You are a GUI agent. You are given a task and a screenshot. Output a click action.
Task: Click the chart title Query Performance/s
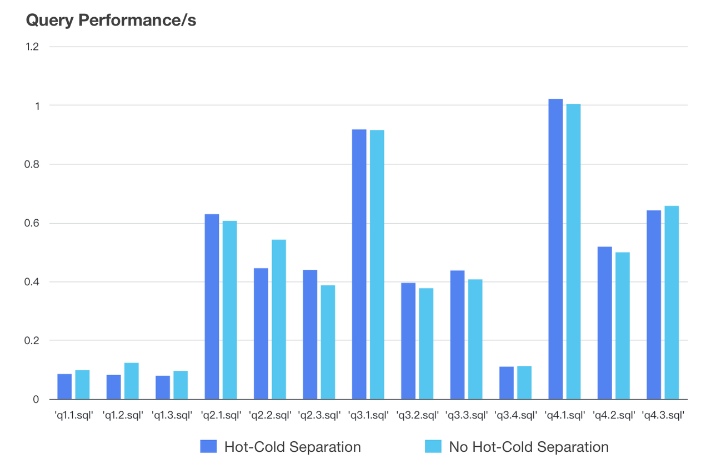(x=111, y=21)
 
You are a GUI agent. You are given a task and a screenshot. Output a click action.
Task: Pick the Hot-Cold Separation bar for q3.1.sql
(x=359, y=264)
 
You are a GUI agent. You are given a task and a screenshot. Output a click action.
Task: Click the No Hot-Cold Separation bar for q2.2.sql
(x=278, y=319)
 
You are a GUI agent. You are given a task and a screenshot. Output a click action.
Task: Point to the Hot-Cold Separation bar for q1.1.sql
(x=64, y=386)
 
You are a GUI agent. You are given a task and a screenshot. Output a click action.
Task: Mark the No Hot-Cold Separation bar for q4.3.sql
(x=672, y=302)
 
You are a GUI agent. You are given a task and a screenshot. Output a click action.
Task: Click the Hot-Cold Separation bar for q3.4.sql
(x=506, y=382)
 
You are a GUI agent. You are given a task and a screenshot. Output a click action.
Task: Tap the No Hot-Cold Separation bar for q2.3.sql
(x=328, y=342)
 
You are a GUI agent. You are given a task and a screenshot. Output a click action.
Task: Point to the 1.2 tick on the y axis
(x=32, y=47)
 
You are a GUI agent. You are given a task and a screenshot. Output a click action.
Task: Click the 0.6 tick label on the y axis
(x=32, y=223)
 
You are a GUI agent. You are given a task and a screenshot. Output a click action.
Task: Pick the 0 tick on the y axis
(x=36, y=399)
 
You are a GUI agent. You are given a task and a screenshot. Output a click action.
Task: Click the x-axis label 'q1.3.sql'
(x=172, y=415)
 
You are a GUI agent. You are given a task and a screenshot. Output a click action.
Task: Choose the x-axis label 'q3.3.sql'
(x=466, y=415)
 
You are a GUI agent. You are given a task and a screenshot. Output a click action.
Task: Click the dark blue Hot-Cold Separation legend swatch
(x=209, y=447)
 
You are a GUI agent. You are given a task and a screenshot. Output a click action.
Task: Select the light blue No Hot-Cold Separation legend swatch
(x=433, y=447)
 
